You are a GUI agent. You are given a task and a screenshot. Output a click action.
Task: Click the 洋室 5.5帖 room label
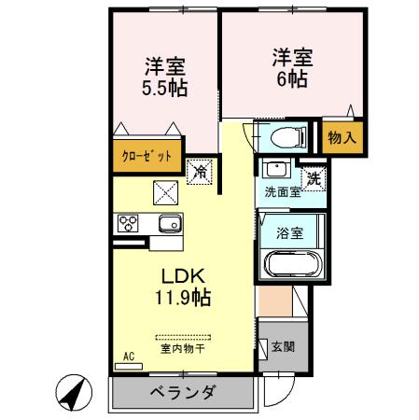point(164,79)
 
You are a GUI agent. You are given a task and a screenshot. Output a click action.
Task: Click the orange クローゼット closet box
point(147,157)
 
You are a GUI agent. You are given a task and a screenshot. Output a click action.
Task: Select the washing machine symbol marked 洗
point(314,175)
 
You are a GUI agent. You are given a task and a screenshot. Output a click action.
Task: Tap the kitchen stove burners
point(127,224)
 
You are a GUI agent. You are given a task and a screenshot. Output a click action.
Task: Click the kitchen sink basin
point(169,224)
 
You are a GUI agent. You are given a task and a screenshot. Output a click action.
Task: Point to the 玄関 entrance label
point(282,347)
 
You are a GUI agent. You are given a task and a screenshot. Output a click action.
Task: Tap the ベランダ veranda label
point(184,391)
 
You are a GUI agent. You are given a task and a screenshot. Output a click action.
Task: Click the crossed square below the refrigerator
point(165,192)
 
